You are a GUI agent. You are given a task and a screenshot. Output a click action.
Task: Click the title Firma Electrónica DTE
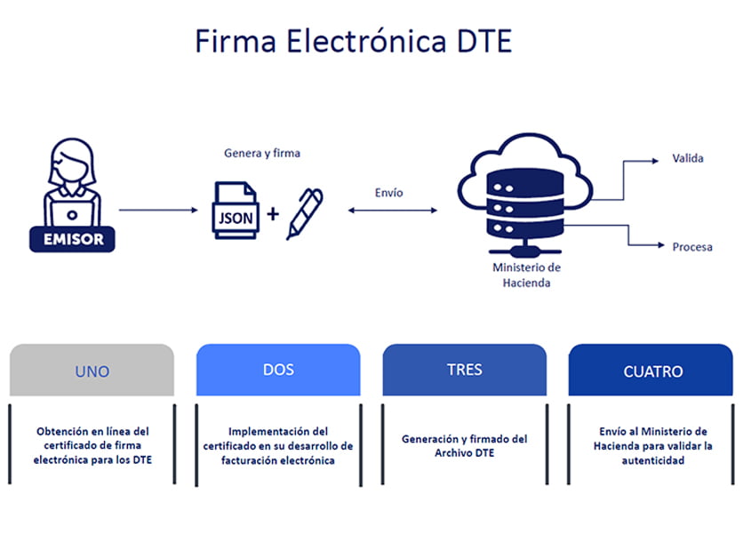pos(354,41)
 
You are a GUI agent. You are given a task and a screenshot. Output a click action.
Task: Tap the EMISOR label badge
pos(72,239)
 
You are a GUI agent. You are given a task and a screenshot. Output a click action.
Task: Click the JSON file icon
pos(236,210)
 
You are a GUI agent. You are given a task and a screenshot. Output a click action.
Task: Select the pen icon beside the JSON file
pos(305,213)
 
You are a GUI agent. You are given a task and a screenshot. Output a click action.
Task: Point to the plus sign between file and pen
pos(273,214)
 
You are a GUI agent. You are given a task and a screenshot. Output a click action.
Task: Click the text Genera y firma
pos(262,153)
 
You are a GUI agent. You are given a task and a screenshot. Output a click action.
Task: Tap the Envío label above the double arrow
pos(389,192)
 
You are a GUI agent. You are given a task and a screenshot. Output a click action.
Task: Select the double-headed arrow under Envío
pos(393,211)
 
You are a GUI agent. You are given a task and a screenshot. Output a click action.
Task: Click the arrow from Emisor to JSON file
pos(158,210)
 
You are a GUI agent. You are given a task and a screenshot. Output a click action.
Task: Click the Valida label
pos(688,158)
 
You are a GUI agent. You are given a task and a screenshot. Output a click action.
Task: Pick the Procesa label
pos(692,247)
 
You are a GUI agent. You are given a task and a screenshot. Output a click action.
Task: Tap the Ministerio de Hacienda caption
pos(526,275)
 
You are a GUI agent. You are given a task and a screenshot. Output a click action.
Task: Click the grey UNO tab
pos(92,370)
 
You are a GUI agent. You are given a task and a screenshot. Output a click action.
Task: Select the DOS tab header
pos(278,370)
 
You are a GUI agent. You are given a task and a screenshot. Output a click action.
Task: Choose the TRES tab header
pos(464,370)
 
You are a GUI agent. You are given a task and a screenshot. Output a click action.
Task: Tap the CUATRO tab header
pos(651,370)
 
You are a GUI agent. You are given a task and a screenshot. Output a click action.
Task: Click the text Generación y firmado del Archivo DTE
pos(464,446)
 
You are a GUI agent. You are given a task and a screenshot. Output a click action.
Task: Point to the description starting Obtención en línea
pos(92,445)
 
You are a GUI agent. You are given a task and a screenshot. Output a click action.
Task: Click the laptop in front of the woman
pos(72,213)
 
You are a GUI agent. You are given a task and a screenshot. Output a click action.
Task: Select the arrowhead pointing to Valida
pos(655,161)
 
